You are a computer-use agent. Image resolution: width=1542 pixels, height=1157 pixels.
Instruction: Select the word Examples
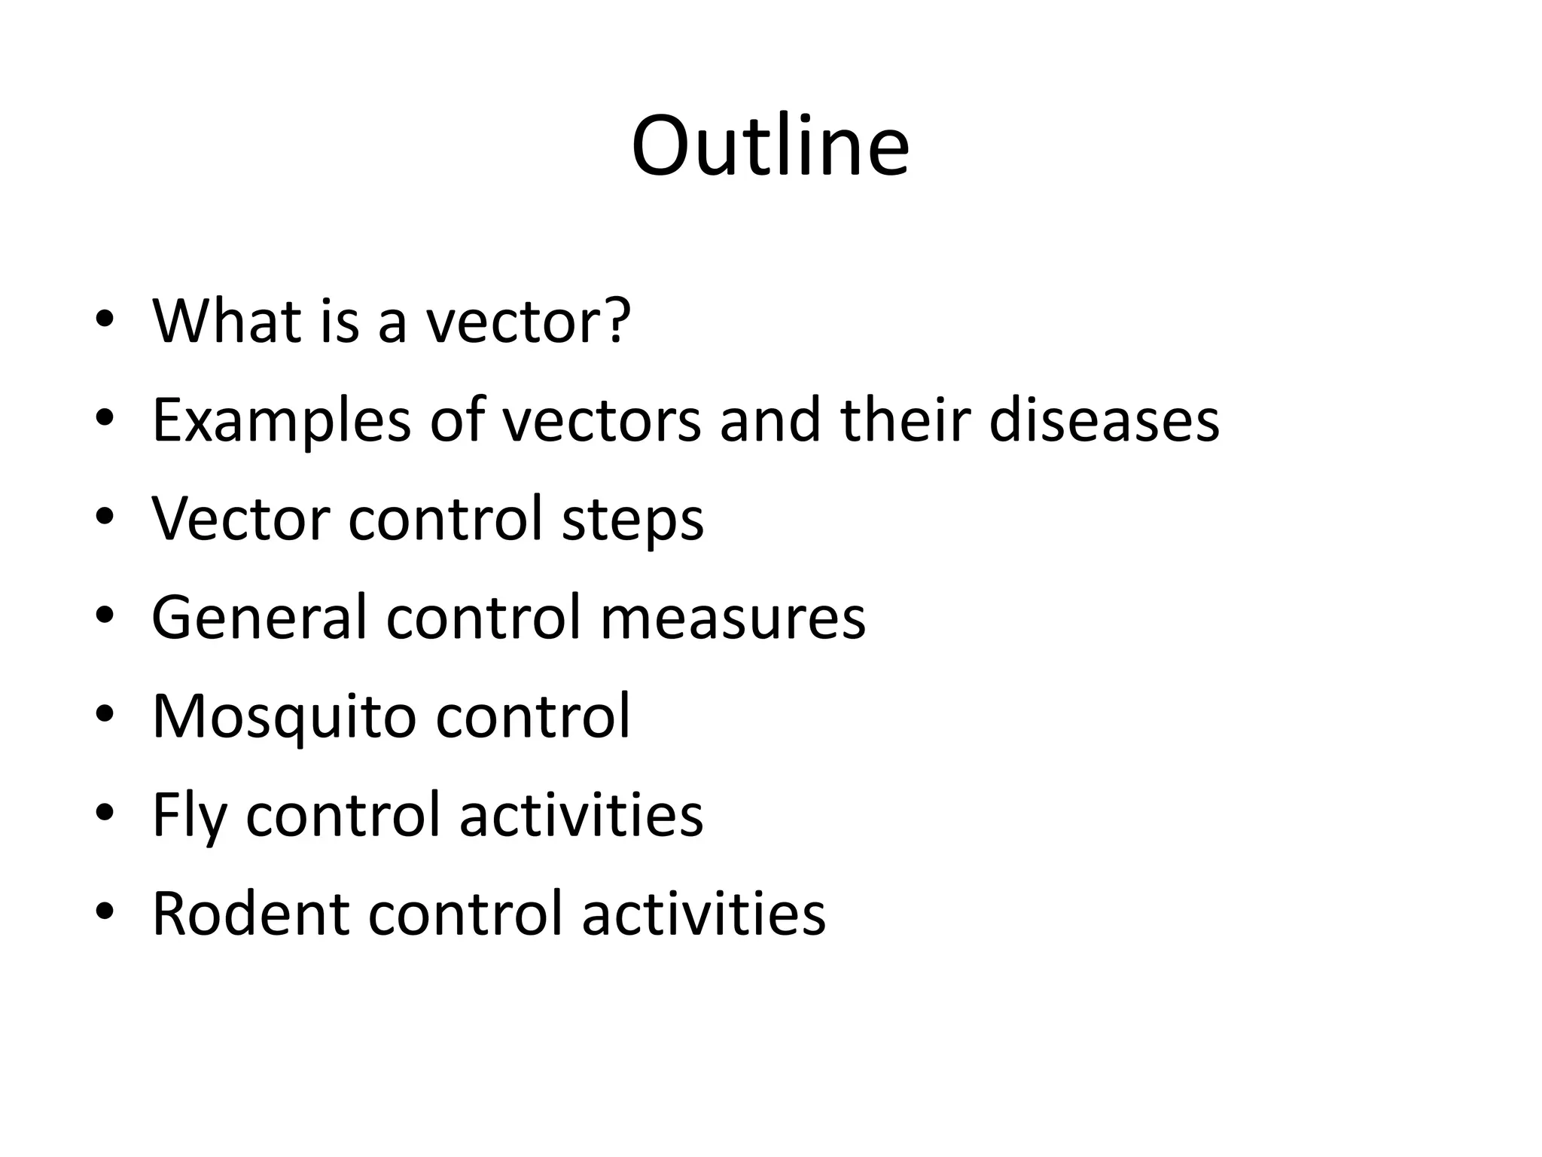(282, 420)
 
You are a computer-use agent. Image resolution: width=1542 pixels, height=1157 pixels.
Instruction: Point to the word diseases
(1104, 420)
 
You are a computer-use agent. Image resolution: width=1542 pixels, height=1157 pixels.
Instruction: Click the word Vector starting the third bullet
(240, 519)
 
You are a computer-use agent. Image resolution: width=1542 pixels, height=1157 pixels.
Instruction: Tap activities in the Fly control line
(581, 816)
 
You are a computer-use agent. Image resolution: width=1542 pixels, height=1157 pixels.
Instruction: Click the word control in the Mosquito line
(532, 716)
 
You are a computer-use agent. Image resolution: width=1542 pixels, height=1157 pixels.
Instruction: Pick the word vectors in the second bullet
(601, 420)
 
